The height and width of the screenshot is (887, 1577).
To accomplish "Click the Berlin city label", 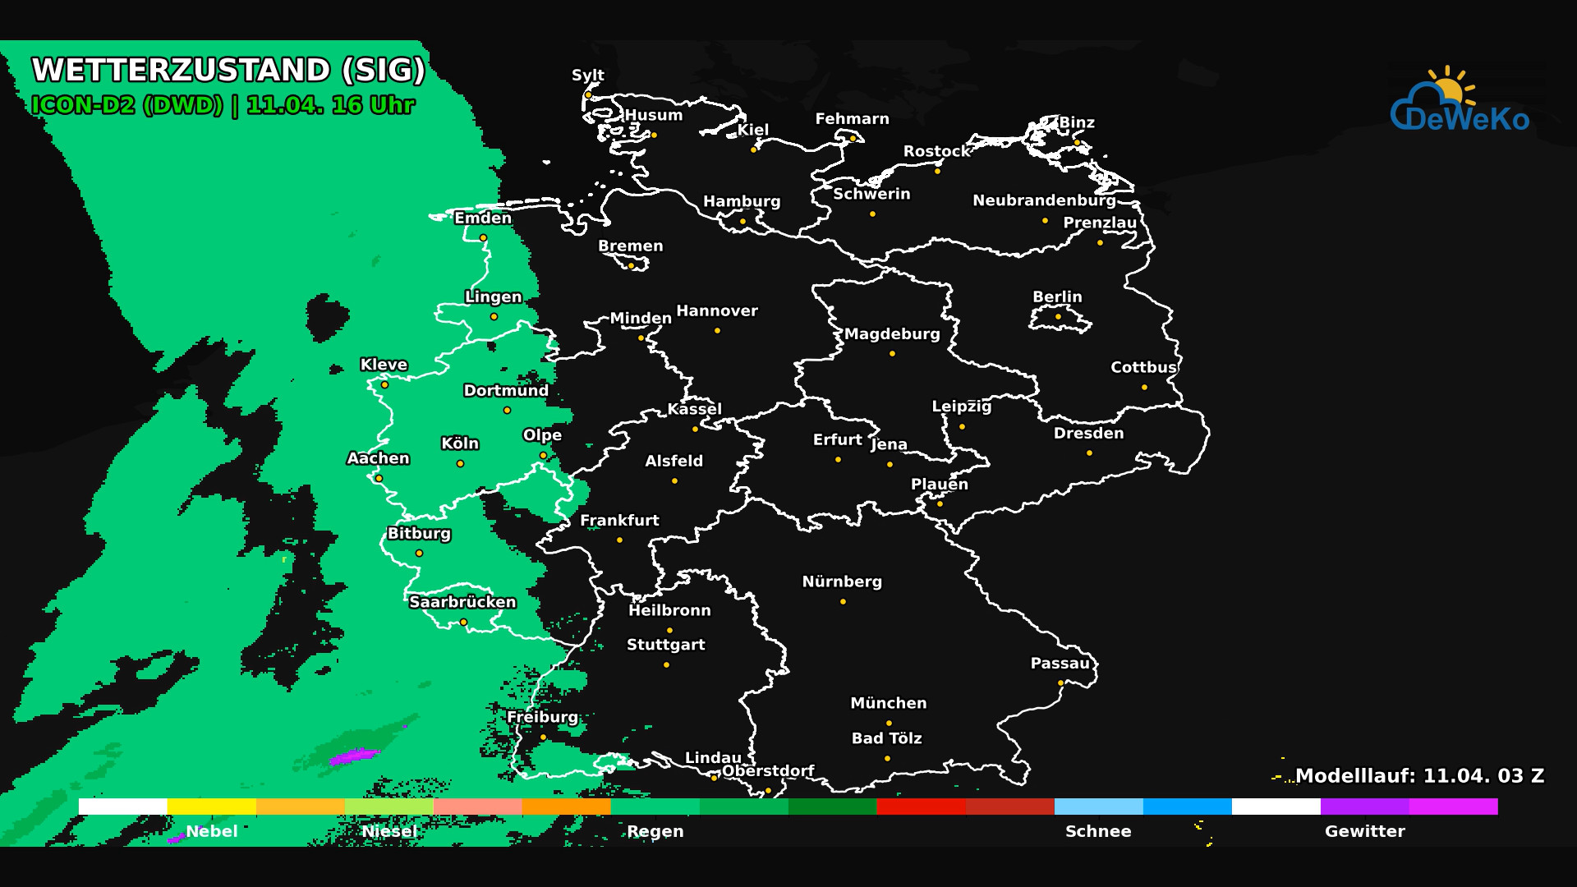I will coord(1057,296).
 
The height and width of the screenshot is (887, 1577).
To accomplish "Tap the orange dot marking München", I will coord(889,723).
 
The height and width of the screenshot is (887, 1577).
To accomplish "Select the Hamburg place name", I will coord(742,201).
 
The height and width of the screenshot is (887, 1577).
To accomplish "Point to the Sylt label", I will coord(588,75).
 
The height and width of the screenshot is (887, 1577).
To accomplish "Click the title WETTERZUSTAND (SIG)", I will coord(228,70).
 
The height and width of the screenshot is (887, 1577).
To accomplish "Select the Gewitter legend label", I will coord(1364,831).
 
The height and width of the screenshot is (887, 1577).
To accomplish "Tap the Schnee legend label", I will coord(1098,831).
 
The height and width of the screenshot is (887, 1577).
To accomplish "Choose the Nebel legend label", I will coord(212,831).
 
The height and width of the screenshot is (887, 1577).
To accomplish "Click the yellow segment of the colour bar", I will coord(212,807).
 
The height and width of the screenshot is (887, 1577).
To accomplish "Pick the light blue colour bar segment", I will coord(1098,807).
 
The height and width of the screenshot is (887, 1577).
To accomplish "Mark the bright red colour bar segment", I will coord(921,807).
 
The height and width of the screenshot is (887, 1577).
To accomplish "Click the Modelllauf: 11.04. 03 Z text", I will coord(1419,776).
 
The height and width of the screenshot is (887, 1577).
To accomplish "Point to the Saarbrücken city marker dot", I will coord(463,622).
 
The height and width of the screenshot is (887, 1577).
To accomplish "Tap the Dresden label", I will coord(1088,433).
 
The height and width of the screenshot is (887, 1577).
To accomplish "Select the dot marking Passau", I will coord(1060,682).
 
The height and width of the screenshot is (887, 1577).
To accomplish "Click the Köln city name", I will coord(460,443).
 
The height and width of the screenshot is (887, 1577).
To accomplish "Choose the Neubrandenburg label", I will coord(1044,200).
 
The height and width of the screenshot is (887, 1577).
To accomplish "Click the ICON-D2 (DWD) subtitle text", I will coord(127,105).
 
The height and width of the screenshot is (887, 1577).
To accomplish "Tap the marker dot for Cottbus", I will coord(1144,387).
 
